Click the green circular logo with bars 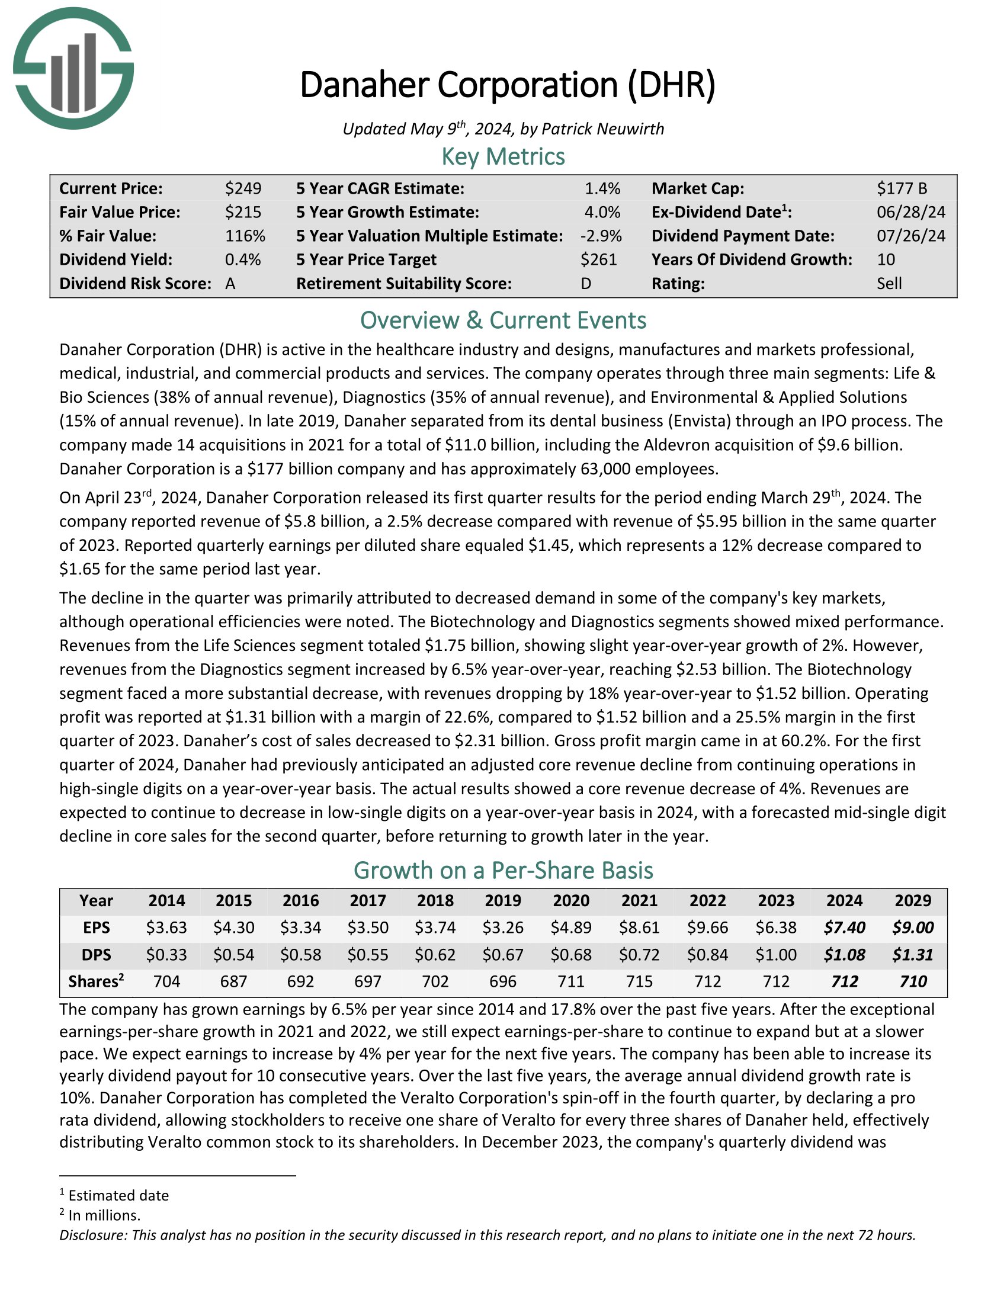click(x=73, y=69)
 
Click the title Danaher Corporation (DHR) click(x=507, y=85)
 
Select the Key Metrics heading click(x=503, y=157)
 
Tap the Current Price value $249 click(x=243, y=188)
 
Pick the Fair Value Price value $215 click(x=243, y=213)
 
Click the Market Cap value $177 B click(x=902, y=188)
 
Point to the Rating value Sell click(x=889, y=283)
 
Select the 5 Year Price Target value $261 click(x=598, y=259)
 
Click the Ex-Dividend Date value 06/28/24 click(x=910, y=213)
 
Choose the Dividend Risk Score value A click(x=230, y=283)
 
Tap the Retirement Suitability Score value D click(x=586, y=283)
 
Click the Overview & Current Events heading click(x=503, y=321)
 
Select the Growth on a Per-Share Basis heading click(x=503, y=871)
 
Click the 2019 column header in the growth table click(x=503, y=900)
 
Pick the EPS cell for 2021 click(x=639, y=927)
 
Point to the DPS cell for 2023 click(x=775, y=955)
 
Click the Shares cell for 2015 click(x=233, y=981)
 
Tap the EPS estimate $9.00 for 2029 click(x=913, y=927)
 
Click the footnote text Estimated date click(x=118, y=1196)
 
